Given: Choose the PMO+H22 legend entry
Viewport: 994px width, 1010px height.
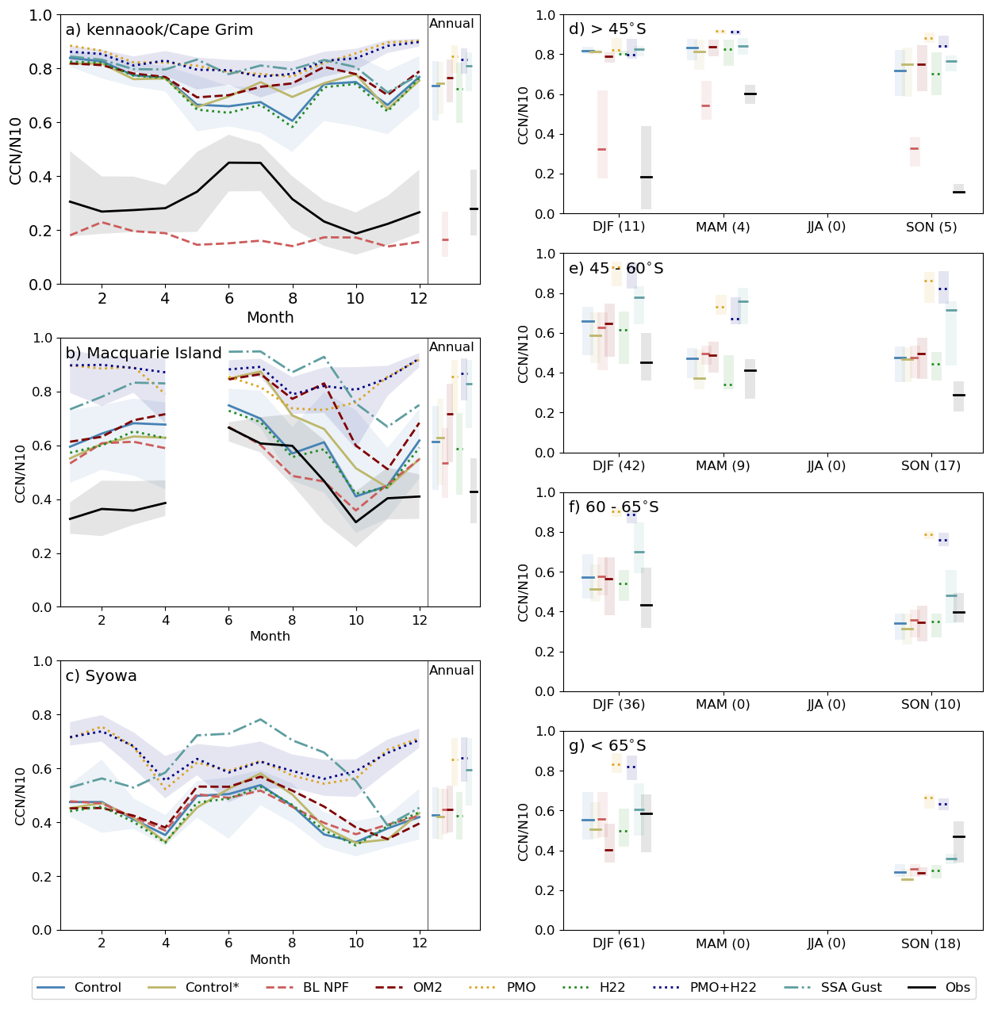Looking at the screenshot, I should tap(723, 988).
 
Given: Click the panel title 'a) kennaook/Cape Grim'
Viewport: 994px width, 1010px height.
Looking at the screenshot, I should tap(159, 30).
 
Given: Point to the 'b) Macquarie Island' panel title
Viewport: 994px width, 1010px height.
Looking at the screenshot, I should tap(144, 354).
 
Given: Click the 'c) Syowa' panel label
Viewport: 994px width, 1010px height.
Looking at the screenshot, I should tap(101, 676).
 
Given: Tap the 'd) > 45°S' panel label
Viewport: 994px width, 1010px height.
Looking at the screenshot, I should tap(608, 29).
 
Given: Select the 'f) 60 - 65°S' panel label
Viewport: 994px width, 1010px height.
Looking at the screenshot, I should tap(614, 507).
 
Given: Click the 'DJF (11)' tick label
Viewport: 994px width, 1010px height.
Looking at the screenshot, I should tap(619, 227).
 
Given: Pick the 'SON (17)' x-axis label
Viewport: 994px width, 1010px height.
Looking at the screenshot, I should tap(931, 466).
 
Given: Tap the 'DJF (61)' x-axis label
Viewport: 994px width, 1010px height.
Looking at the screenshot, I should tap(619, 943).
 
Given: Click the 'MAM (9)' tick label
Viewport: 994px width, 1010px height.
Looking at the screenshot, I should tap(723, 466).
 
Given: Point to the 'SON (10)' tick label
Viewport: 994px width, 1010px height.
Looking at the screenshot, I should tap(931, 705).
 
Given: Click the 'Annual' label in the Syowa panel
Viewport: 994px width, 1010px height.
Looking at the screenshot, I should tap(451, 671).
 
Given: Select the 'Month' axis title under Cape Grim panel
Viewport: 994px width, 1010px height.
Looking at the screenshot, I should tap(270, 318).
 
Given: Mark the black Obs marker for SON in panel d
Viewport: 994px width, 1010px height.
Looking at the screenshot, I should tap(958, 192).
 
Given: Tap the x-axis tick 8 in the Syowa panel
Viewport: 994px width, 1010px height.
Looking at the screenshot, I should tap(292, 944).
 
